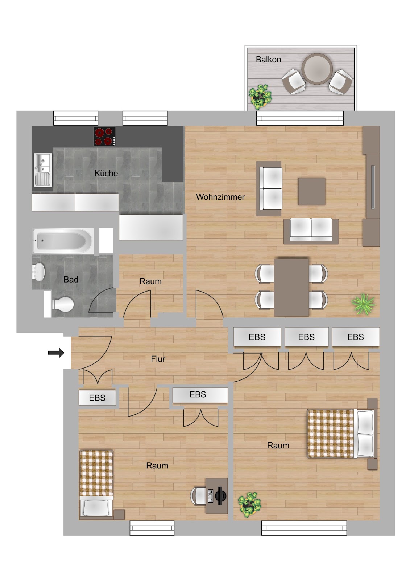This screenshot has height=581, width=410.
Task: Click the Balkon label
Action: tap(268, 60)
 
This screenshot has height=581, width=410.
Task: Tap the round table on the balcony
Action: tap(317, 69)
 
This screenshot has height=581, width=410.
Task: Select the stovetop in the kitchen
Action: tap(104, 136)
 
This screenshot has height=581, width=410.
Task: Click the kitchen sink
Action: tap(43, 170)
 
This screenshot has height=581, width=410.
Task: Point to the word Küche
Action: tap(106, 173)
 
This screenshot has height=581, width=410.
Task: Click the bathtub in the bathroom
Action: tap(63, 241)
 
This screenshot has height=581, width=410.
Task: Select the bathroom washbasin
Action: tap(38, 272)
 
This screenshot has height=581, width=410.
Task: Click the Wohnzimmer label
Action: tap(220, 197)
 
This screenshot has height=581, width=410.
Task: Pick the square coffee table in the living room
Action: tap(312, 191)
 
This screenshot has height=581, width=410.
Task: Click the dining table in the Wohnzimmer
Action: tap(291, 287)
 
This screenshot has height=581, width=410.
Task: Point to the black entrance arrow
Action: tap(56, 353)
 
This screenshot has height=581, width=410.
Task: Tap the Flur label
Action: tap(158, 359)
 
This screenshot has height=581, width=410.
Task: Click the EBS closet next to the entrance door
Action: tap(97, 398)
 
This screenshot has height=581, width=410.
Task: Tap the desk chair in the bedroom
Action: tap(198, 496)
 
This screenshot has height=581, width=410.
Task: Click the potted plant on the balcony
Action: tap(260, 97)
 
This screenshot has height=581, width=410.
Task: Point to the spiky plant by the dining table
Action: tap(363, 304)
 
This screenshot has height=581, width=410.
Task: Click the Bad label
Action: tap(71, 279)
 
